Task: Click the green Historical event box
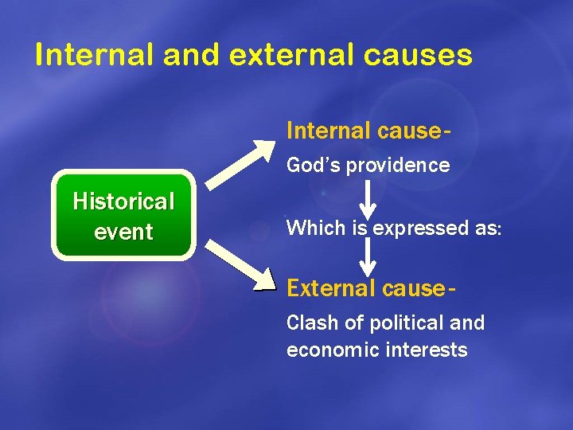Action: pyautogui.click(x=123, y=215)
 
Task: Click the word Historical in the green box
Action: pyautogui.click(x=123, y=201)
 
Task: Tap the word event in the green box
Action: pyautogui.click(x=123, y=233)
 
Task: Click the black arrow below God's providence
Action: pyautogui.click(x=368, y=199)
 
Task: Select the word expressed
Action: pyautogui.click(x=414, y=229)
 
